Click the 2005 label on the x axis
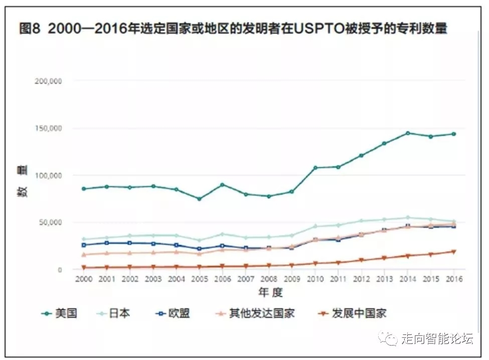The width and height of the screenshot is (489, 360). click(199, 279)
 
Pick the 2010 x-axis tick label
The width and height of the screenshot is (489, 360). click(315, 279)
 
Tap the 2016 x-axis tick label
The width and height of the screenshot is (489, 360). click(454, 279)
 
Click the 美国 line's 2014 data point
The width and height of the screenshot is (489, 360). click(408, 133)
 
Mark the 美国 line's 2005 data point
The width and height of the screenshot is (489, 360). click(199, 199)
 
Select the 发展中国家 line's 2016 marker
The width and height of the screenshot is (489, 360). click(454, 252)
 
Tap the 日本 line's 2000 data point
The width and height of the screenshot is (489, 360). click(83, 239)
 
